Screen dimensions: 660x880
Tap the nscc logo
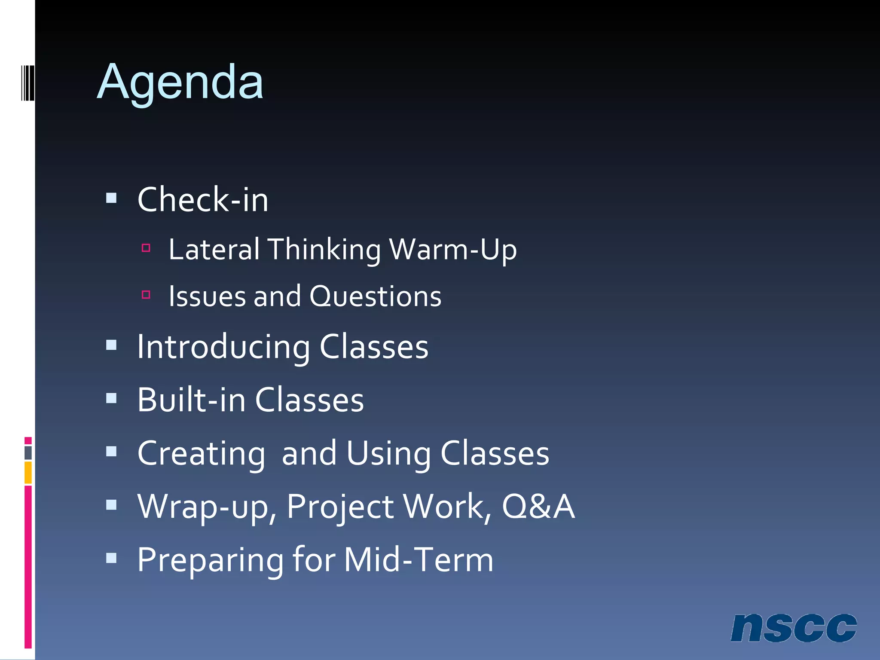point(793,628)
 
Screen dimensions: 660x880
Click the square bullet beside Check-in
point(111,198)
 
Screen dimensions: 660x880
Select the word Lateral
point(214,249)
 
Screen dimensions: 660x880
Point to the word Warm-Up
point(453,249)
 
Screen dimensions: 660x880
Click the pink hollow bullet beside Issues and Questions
point(146,295)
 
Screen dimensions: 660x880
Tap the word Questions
point(375,296)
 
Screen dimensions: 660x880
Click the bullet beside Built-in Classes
point(111,398)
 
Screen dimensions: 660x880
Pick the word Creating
point(201,454)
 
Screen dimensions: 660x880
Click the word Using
point(388,454)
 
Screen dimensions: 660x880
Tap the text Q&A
point(538,506)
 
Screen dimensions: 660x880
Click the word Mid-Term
point(419,559)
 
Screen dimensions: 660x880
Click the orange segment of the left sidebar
point(28,473)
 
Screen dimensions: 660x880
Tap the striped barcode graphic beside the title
point(28,82)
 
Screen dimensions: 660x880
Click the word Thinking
point(324,250)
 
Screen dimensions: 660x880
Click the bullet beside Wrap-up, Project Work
point(111,504)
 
